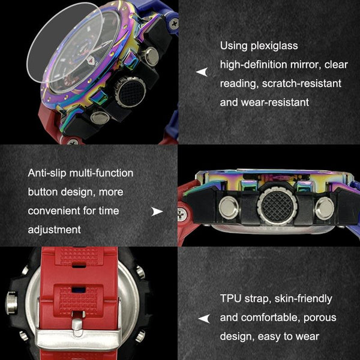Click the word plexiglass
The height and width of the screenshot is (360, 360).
coord(274,46)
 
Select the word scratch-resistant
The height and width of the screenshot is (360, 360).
coord(301,83)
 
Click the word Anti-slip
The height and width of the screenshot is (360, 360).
coord(47,173)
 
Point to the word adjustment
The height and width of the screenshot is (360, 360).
coord(54,230)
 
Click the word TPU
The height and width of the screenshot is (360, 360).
coord(230,298)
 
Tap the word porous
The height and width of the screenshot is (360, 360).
coord(320,319)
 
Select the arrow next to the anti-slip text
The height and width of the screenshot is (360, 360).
coord(157,211)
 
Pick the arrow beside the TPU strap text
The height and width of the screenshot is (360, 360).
coord(204,319)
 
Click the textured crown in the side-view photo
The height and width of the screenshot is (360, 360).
coord(277,205)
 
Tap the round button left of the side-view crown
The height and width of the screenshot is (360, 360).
coord(229,208)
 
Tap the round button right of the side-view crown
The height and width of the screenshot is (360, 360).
coord(325,208)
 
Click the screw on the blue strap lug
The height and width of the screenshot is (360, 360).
coord(174,23)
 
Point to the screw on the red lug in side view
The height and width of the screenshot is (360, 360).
coord(182,214)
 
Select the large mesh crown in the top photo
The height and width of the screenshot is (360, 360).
coord(130,92)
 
